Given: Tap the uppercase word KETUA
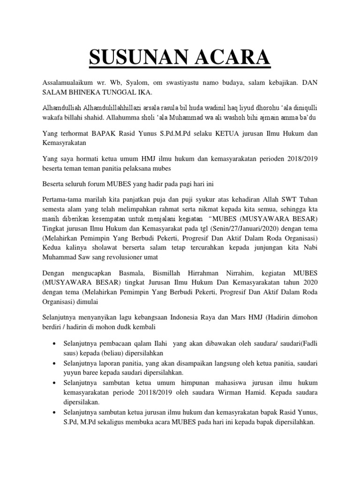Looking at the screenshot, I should (215, 134).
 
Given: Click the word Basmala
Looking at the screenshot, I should (137, 273).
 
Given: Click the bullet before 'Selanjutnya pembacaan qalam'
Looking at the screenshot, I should (56, 345).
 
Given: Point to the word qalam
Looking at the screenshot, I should (147, 345).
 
